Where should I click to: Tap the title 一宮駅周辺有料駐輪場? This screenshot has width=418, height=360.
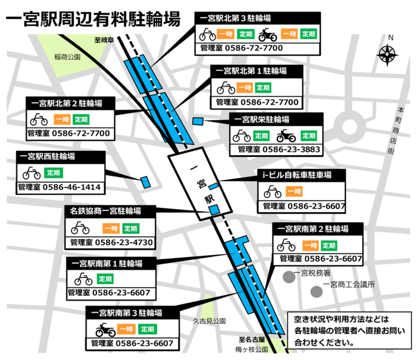[x=93, y=19]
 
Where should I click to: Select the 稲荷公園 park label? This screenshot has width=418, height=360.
[x=67, y=57]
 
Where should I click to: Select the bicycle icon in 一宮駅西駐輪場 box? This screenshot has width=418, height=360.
[x=32, y=173]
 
